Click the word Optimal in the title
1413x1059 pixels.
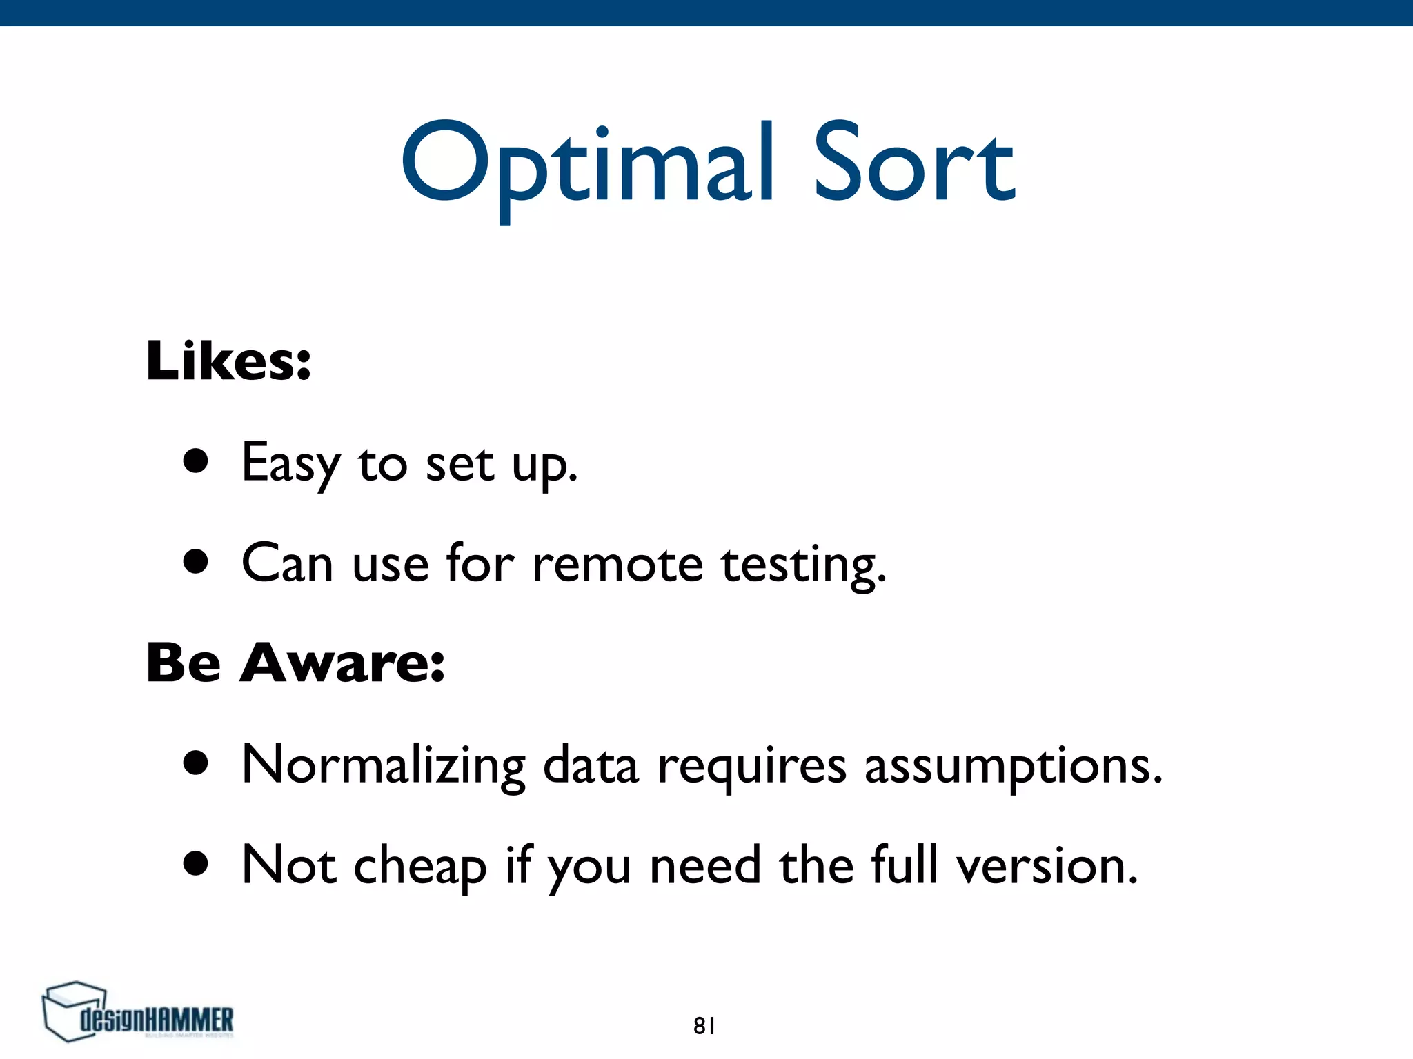586,165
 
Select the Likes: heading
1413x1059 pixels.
228,361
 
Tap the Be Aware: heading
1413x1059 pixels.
295,663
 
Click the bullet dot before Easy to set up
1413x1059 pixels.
196,461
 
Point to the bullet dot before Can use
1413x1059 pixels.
196,561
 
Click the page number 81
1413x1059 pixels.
704,1026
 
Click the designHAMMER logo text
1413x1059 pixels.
157,1020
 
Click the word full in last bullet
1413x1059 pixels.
905,865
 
